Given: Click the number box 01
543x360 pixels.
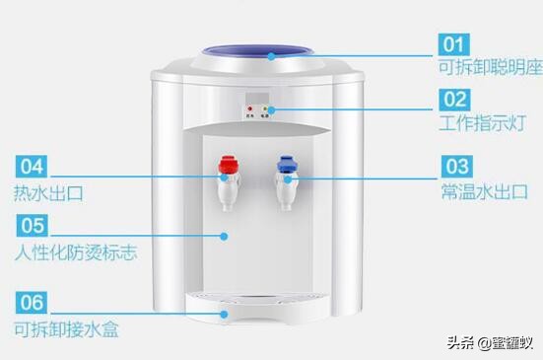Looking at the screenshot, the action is point(453,43).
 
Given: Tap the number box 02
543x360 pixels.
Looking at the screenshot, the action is point(453,99).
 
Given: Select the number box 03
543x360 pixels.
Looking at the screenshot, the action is point(455,166).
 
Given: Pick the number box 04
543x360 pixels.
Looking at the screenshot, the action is point(32,166).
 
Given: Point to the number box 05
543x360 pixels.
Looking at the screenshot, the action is point(32,226).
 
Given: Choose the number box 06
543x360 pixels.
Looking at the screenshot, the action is point(32,302).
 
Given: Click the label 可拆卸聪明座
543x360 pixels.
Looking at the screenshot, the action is point(490,69).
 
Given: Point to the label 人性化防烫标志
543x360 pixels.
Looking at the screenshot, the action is point(76,253).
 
